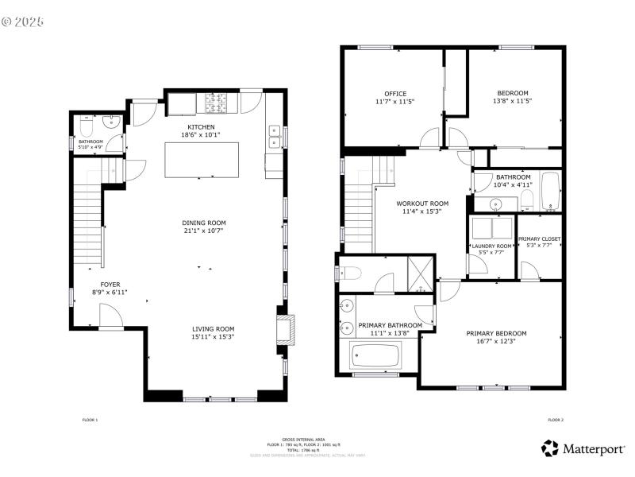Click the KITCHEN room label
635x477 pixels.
(200, 127)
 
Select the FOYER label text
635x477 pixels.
(110, 284)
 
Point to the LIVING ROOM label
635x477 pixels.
(213, 328)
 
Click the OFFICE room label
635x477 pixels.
(395, 94)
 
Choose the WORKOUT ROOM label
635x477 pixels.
(422, 204)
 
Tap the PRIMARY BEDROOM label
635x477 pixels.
(496, 333)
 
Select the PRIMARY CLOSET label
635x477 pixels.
(540, 238)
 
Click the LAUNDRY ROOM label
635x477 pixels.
(492, 246)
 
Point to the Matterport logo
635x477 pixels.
(583, 449)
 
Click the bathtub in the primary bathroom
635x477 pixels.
(375, 356)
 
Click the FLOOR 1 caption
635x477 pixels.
(90, 420)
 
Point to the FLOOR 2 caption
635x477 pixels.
(555, 420)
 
